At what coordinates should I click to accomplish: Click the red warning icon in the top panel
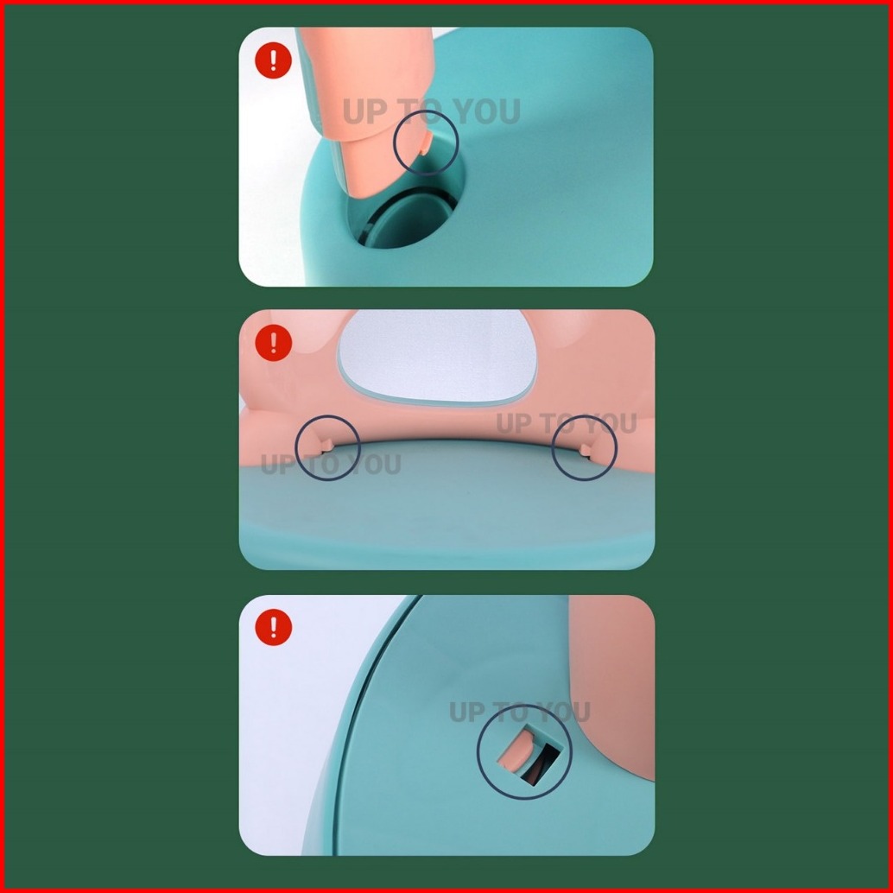[x=274, y=60]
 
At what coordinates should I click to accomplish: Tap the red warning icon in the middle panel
[x=274, y=343]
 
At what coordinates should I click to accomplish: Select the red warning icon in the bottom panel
[x=274, y=627]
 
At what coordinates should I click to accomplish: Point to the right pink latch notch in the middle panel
[x=586, y=451]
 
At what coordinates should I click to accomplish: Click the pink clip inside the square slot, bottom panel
[x=516, y=751]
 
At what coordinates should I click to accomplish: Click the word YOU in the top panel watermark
[x=487, y=111]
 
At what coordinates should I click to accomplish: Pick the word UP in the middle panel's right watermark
[x=515, y=423]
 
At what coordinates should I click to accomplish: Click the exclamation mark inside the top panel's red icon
[x=274, y=60]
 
